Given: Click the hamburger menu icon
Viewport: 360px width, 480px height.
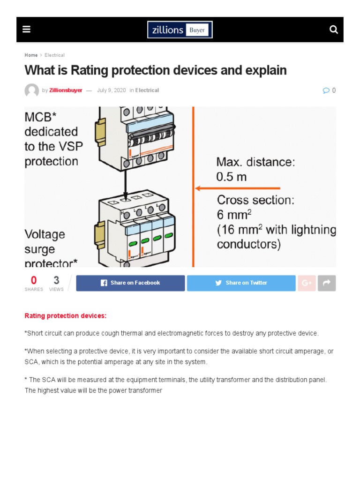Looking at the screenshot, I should click(x=26, y=30).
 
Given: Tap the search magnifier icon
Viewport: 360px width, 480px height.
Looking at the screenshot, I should click(x=334, y=30).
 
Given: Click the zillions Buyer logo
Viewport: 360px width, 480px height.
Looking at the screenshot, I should click(x=180, y=30).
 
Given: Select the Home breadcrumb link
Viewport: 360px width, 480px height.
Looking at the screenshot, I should click(x=31, y=55).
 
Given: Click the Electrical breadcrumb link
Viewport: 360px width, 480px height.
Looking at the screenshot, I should click(x=54, y=55).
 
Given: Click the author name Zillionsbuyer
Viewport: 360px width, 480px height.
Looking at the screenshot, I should click(x=66, y=90).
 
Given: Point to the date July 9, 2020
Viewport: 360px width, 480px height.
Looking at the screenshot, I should click(x=111, y=90).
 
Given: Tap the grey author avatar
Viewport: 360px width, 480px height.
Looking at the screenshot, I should click(x=32, y=90).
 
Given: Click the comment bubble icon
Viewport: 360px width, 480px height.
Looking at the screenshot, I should click(x=326, y=90).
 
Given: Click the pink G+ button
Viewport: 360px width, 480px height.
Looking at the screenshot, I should click(x=307, y=283).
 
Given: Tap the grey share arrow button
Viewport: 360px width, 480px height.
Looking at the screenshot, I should click(x=327, y=283).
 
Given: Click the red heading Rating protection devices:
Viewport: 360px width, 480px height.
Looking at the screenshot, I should click(x=66, y=316).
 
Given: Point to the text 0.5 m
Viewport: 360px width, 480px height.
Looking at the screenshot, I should click(x=232, y=177).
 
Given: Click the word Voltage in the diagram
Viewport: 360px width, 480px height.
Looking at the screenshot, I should click(x=45, y=234).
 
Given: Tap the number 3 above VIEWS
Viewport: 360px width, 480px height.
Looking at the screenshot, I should click(x=56, y=280).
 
